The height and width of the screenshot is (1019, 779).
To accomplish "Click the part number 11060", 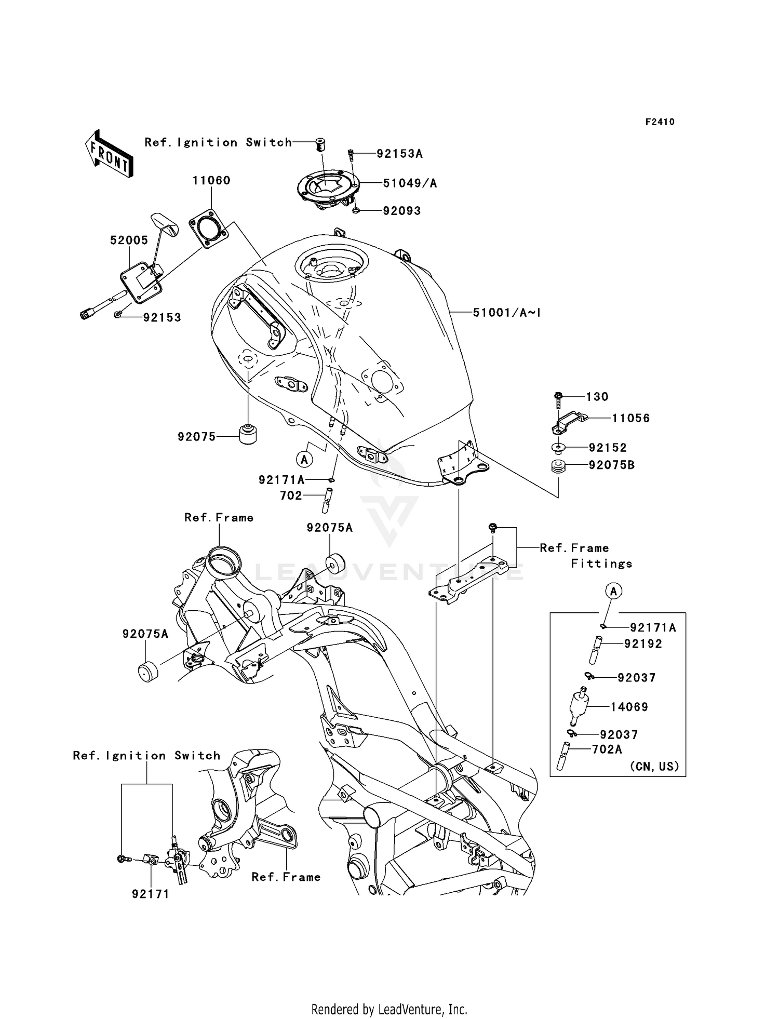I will coord(211,180).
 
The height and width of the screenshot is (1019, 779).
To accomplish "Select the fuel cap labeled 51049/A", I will coord(328,187).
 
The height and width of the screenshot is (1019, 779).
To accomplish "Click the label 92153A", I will coord(399,154).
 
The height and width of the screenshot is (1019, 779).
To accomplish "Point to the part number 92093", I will coord(401,211).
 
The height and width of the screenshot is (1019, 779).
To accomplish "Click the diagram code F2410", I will coord(660,122).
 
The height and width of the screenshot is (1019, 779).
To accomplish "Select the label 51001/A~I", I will coord(507,313).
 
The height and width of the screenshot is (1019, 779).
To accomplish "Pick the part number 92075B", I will coord(611,465).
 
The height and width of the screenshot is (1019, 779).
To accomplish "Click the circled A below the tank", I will coord(305,459).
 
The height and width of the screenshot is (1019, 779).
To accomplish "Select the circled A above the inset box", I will coord(613,591).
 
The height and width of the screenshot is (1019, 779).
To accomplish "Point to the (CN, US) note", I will coord(654,767).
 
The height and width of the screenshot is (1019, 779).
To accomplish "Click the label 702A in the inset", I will coord(607,749).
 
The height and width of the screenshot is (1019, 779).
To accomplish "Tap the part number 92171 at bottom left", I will coord(151,894).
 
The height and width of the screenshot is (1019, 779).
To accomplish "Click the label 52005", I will coord(129,240).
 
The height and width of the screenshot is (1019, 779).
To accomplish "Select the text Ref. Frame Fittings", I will coord(586,556).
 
